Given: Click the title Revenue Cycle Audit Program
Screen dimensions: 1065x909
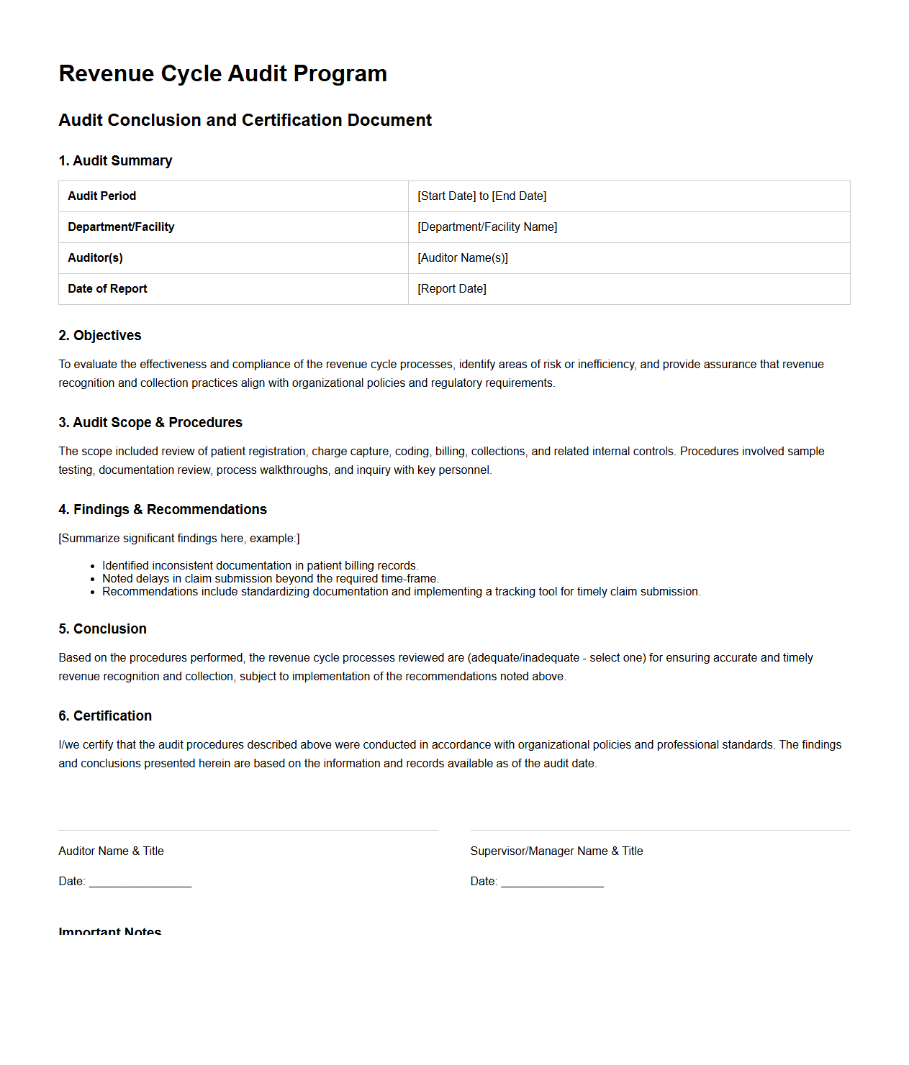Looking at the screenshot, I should tap(222, 73).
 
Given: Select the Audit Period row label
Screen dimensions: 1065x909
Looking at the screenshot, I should tap(101, 196).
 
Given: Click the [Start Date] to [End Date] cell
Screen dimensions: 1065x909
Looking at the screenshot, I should tap(481, 196).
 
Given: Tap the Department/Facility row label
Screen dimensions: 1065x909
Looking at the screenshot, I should tap(121, 227).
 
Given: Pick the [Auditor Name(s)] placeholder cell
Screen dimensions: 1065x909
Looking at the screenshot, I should tap(462, 257).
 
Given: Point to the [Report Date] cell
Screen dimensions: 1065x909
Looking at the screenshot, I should tap(451, 288).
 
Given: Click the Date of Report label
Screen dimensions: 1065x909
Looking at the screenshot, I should tap(107, 288).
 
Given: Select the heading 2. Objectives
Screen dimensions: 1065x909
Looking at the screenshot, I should tap(100, 335).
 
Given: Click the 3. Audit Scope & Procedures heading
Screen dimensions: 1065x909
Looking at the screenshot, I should tap(150, 422).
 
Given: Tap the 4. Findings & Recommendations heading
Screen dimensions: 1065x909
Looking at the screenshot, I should tap(163, 509).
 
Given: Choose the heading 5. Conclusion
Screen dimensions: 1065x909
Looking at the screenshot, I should tap(102, 629).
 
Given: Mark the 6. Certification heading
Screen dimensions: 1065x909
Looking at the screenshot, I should tap(105, 716).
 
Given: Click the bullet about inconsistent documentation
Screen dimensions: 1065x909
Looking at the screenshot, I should tap(260, 565).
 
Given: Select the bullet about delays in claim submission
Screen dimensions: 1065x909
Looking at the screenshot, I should tap(270, 578).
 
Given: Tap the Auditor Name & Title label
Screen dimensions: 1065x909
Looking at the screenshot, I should tap(111, 851).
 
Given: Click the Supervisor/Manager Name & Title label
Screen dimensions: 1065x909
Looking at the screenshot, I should tap(556, 851).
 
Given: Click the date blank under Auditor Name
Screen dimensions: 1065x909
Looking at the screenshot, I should tap(140, 882).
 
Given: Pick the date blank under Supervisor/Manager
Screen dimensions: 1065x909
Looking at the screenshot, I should tap(552, 882).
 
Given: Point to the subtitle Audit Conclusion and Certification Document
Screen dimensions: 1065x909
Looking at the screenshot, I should tap(245, 120).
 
